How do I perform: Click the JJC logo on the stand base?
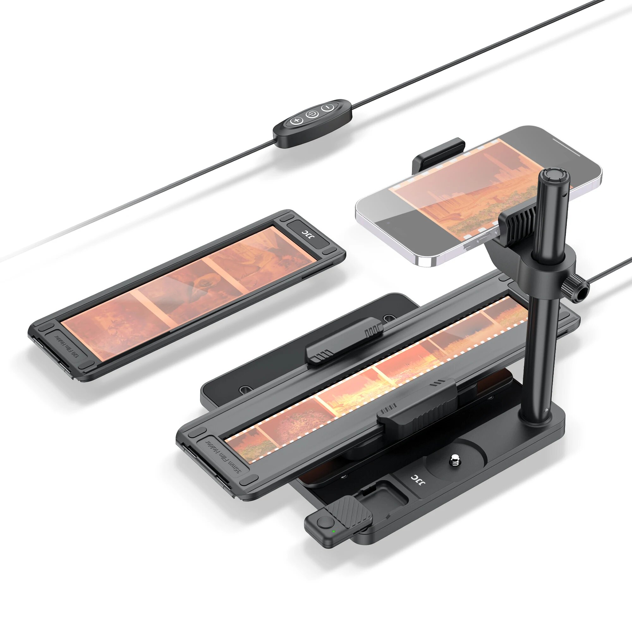point(417,480)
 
